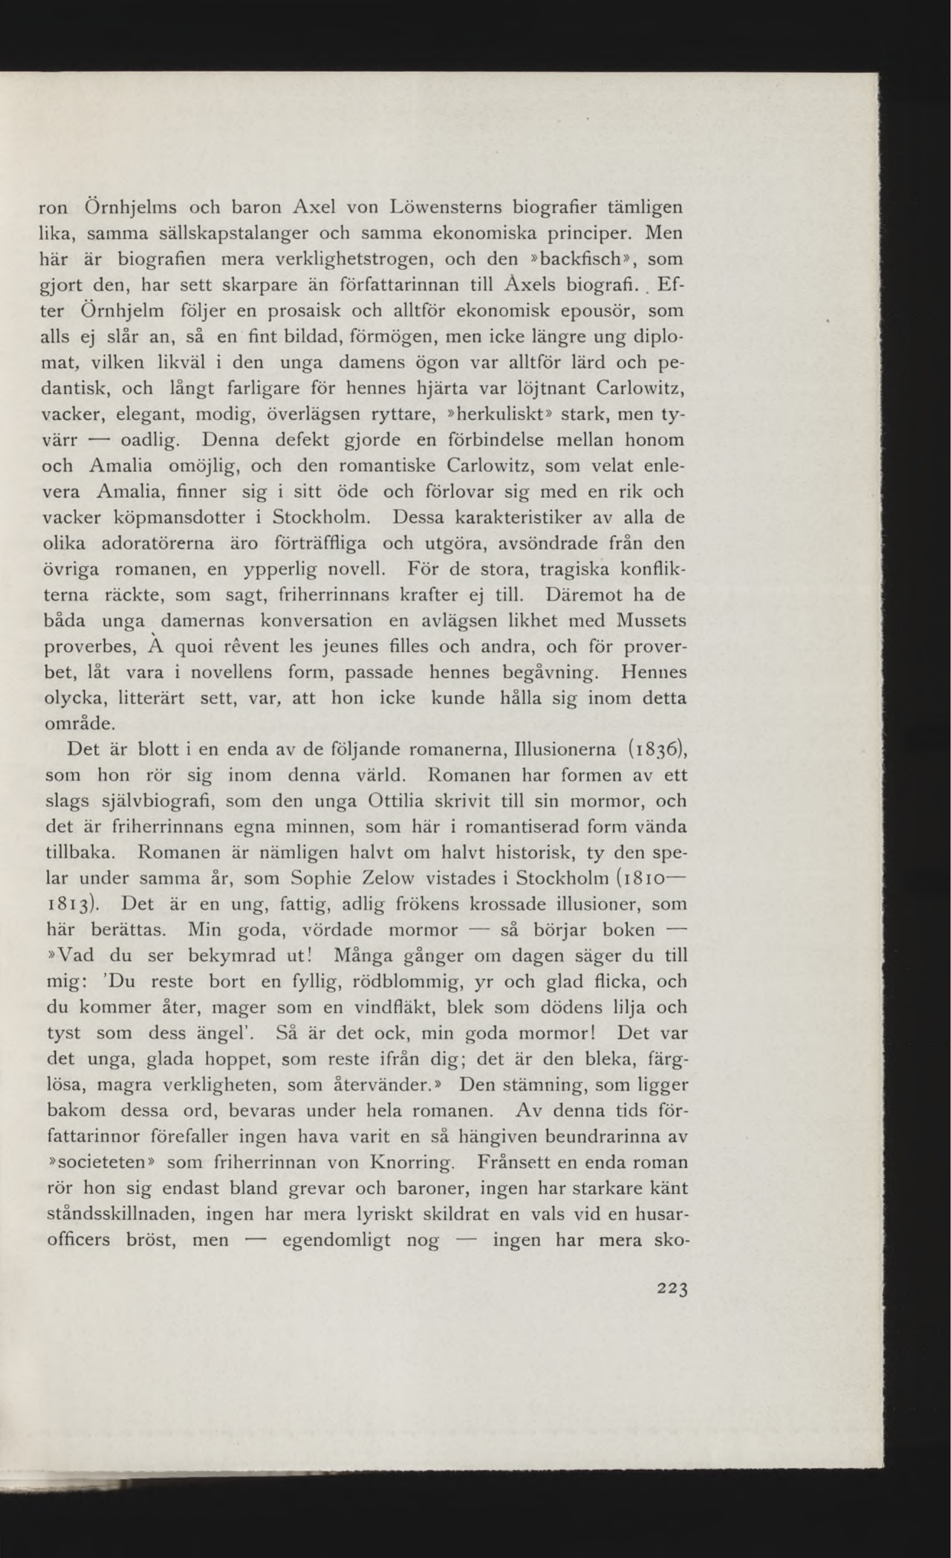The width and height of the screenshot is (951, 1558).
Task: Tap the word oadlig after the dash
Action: pyautogui.click(x=152, y=440)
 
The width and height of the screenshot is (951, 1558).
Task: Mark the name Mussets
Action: pyautogui.click(x=651, y=620)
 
